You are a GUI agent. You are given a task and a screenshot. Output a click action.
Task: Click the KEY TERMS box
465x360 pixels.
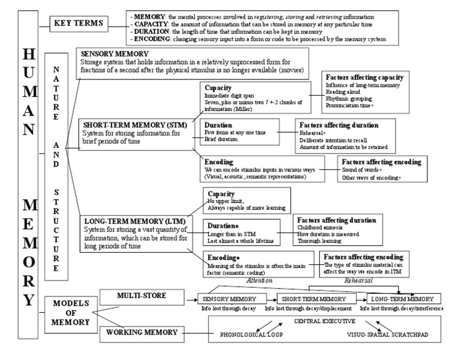pyautogui.click(x=77, y=24)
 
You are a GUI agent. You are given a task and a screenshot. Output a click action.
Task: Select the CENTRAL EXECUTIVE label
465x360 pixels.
pyautogui.click(x=325, y=320)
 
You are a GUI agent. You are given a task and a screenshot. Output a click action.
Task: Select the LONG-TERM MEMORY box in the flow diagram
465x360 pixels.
pyautogui.click(x=403, y=299)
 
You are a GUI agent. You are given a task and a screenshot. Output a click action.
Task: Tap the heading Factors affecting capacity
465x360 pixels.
pyautogui.click(x=364, y=78)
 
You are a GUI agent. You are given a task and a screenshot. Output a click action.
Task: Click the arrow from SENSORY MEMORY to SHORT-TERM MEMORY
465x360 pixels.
pyautogui.click(x=270, y=299)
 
